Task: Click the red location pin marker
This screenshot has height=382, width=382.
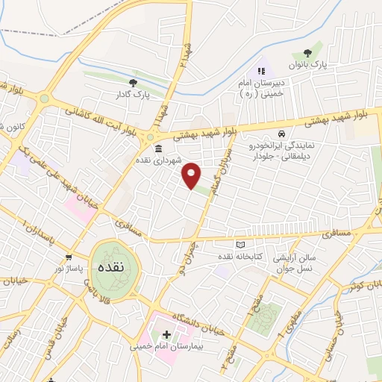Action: [192, 175]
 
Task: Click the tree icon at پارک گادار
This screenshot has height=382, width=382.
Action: [134, 83]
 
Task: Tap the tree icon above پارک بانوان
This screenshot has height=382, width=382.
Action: [307, 53]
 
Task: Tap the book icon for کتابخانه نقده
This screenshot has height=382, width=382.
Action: [239, 245]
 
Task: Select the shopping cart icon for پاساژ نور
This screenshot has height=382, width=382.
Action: [68, 256]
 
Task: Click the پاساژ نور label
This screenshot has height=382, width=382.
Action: [53, 266]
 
